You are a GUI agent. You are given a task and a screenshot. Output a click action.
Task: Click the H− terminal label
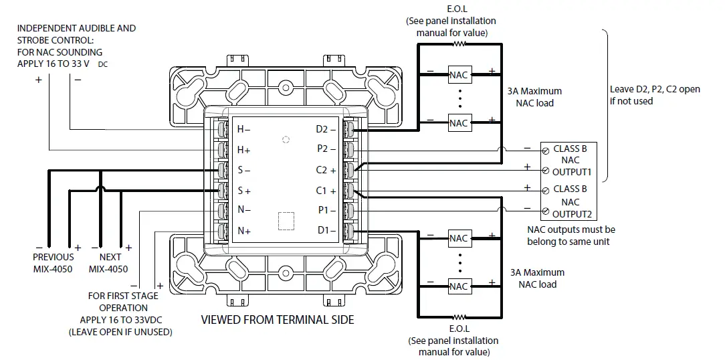(244, 129)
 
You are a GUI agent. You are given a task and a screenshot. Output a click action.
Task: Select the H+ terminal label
(244, 150)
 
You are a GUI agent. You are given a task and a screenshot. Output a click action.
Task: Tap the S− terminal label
(244, 170)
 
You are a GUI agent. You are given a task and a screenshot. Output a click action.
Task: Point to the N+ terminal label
(244, 232)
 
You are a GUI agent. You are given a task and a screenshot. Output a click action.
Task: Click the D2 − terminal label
(326, 129)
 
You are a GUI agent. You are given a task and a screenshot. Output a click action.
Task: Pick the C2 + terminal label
(326, 170)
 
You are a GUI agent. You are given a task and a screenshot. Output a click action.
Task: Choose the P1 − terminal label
(326, 211)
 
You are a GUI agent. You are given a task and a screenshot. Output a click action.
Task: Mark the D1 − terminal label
(326, 232)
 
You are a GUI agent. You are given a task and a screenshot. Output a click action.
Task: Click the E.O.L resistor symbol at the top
(459, 44)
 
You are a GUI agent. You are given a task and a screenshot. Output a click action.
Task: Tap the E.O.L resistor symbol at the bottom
(459, 317)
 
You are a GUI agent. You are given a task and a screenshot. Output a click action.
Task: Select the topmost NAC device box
(459, 75)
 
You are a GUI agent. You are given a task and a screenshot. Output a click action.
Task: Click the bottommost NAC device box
(459, 286)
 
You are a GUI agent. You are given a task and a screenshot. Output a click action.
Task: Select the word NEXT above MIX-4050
(110, 257)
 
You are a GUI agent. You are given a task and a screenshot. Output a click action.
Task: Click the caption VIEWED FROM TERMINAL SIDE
(278, 320)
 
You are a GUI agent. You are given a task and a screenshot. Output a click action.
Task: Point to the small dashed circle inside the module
(286, 140)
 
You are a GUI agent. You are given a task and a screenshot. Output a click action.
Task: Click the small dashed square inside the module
(286, 221)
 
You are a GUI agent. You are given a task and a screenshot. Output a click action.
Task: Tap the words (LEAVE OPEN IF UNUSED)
(120, 332)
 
